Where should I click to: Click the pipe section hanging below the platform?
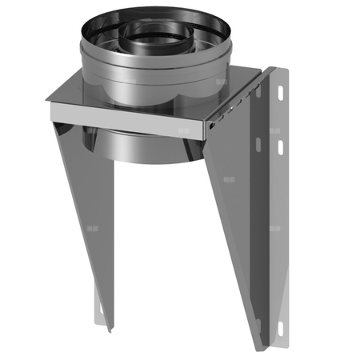pos(152,144)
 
